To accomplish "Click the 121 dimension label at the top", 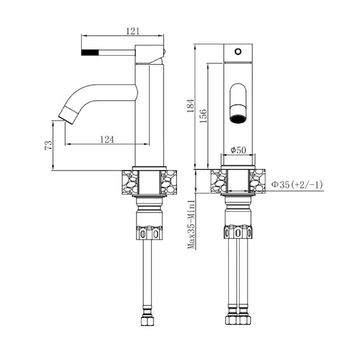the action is tap(133, 31).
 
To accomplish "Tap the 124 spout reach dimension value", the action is tap(107, 139).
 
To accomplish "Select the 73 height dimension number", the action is tap(49, 145).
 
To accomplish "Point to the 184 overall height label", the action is tap(190, 106).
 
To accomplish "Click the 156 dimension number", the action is tap(203, 116).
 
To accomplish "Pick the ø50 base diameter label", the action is tap(238, 150).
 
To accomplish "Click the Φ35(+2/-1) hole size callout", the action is tap(297, 184).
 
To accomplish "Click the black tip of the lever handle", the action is tap(90, 52).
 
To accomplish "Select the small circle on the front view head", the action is tap(238, 51).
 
